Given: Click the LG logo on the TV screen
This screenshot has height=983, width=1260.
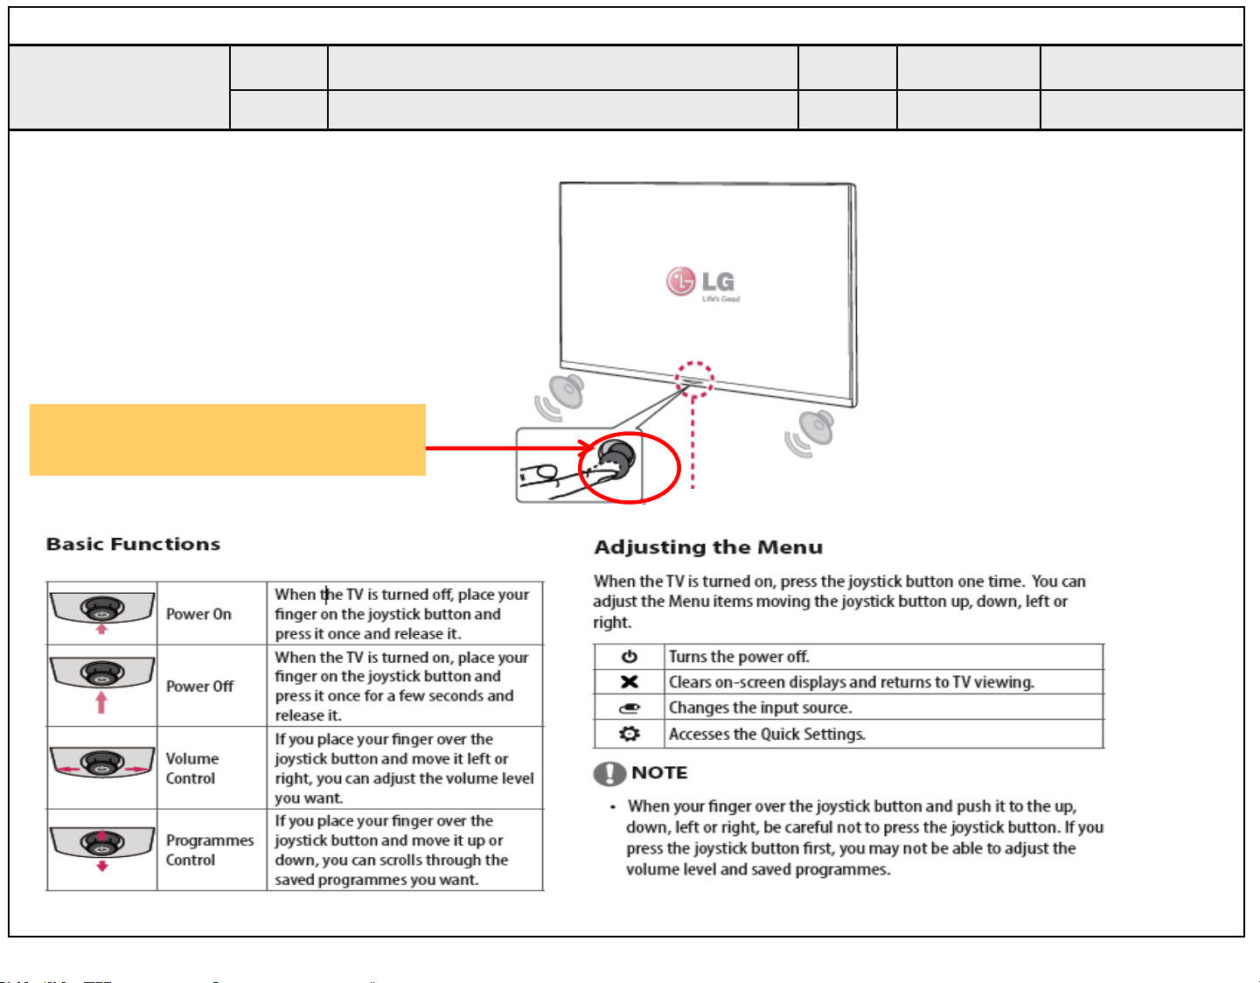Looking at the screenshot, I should click(x=702, y=282).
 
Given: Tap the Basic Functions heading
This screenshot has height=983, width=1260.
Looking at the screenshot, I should click(x=133, y=544).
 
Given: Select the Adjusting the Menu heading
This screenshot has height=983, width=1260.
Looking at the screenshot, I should click(x=708, y=547).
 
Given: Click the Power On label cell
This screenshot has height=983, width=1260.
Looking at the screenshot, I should click(x=199, y=614).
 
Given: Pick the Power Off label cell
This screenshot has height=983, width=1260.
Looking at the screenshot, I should click(x=200, y=687).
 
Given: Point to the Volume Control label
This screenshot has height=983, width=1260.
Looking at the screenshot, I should click(x=192, y=769).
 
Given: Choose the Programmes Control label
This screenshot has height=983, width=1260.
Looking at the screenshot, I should click(x=210, y=850).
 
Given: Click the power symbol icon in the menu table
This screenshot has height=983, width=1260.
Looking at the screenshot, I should click(x=630, y=657).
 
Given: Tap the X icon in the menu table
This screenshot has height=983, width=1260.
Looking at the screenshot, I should click(x=630, y=682).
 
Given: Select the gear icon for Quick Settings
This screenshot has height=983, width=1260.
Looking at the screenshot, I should click(x=630, y=734).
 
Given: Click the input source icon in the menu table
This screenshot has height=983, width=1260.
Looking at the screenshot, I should click(x=630, y=708).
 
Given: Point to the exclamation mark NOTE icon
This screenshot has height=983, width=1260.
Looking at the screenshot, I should click(x=609, y=773).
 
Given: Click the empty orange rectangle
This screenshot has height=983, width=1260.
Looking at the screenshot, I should click(x=227, y=440).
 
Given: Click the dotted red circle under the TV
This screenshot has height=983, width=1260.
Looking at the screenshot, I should click(x=694, y=379).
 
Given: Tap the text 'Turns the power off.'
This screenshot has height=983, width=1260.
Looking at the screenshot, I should click(x=739, y=657).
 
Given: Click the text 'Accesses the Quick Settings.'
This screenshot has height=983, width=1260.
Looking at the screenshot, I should click(x=767, y=734).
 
